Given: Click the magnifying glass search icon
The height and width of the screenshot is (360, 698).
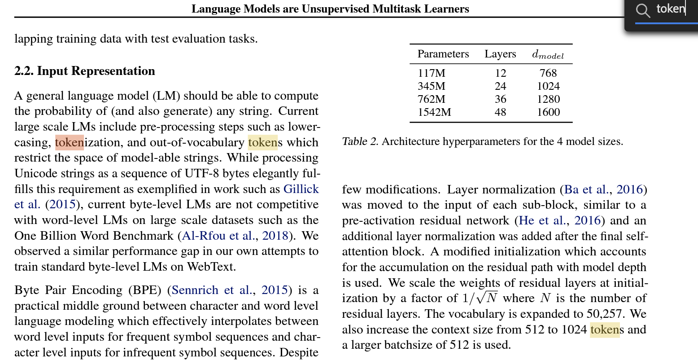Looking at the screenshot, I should click(x=643, y=10).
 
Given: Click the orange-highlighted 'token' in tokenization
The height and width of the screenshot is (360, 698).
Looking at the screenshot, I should click(x=69, y=142).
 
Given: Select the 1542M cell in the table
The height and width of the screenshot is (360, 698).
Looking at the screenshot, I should click(x=434, y=112).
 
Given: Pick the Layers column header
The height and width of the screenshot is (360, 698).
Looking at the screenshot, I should click(x=500, y=54).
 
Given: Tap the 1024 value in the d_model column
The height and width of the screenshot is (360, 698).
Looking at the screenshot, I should click(x=548, y=86).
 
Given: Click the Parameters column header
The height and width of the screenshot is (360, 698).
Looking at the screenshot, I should click(x=443, y=54).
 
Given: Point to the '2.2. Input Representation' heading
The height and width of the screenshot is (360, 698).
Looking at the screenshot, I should click(x=84, y=71).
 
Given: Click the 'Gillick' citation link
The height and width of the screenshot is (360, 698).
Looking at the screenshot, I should click(x=301, y=189).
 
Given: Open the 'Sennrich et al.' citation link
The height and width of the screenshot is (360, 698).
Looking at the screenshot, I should click(x=211, y=290).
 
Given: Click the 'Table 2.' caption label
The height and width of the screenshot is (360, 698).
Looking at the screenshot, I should click(x=360, y=142).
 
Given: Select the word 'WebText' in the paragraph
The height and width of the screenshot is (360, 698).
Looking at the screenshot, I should click(x=210, y=267).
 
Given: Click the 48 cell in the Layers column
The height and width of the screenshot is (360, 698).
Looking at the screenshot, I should click(x=500, y=112).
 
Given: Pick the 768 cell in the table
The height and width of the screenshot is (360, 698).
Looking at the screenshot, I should click(x=548, y=73).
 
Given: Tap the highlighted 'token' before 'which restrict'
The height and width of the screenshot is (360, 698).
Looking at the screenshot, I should click(x=262, y=142).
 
